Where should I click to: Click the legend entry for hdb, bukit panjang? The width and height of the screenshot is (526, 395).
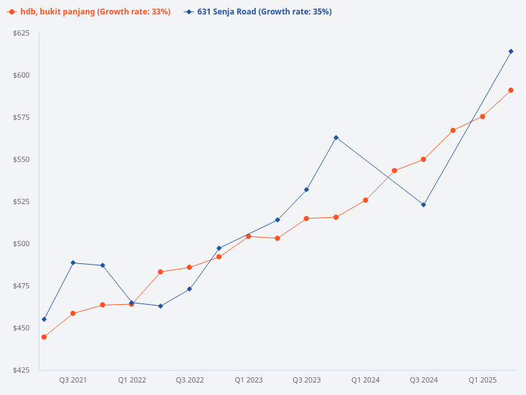point(89,12)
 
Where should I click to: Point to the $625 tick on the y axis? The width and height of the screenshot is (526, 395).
point(22,33)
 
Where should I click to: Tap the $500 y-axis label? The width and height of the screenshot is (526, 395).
point(22,244)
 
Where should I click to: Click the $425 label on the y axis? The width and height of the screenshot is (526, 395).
point(22,370)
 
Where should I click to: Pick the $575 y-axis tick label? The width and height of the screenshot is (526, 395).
point(22,117)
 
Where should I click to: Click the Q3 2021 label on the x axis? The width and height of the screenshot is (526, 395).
point(73,380)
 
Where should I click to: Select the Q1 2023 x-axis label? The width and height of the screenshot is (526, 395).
point(249,380)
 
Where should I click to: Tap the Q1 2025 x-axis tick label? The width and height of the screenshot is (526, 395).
point(483,380)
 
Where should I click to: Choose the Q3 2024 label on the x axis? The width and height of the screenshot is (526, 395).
point(423,380)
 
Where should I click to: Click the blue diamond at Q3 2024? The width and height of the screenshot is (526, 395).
point(423,205)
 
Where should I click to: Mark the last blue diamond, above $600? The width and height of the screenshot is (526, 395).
point(511,51)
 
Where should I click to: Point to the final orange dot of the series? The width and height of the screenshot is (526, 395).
point(511,90)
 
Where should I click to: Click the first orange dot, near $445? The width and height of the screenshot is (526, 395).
point(44,337)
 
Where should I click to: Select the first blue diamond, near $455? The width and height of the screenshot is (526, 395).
point(44,319)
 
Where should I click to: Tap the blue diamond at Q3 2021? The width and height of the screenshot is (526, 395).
point(73,263)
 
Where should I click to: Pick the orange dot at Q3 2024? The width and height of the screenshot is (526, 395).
point(423,159)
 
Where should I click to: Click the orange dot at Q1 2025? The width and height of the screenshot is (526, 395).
point(483,117)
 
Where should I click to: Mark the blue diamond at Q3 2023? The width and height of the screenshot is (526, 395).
point(306,190)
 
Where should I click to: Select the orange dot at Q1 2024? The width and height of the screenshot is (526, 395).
point(366,200)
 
